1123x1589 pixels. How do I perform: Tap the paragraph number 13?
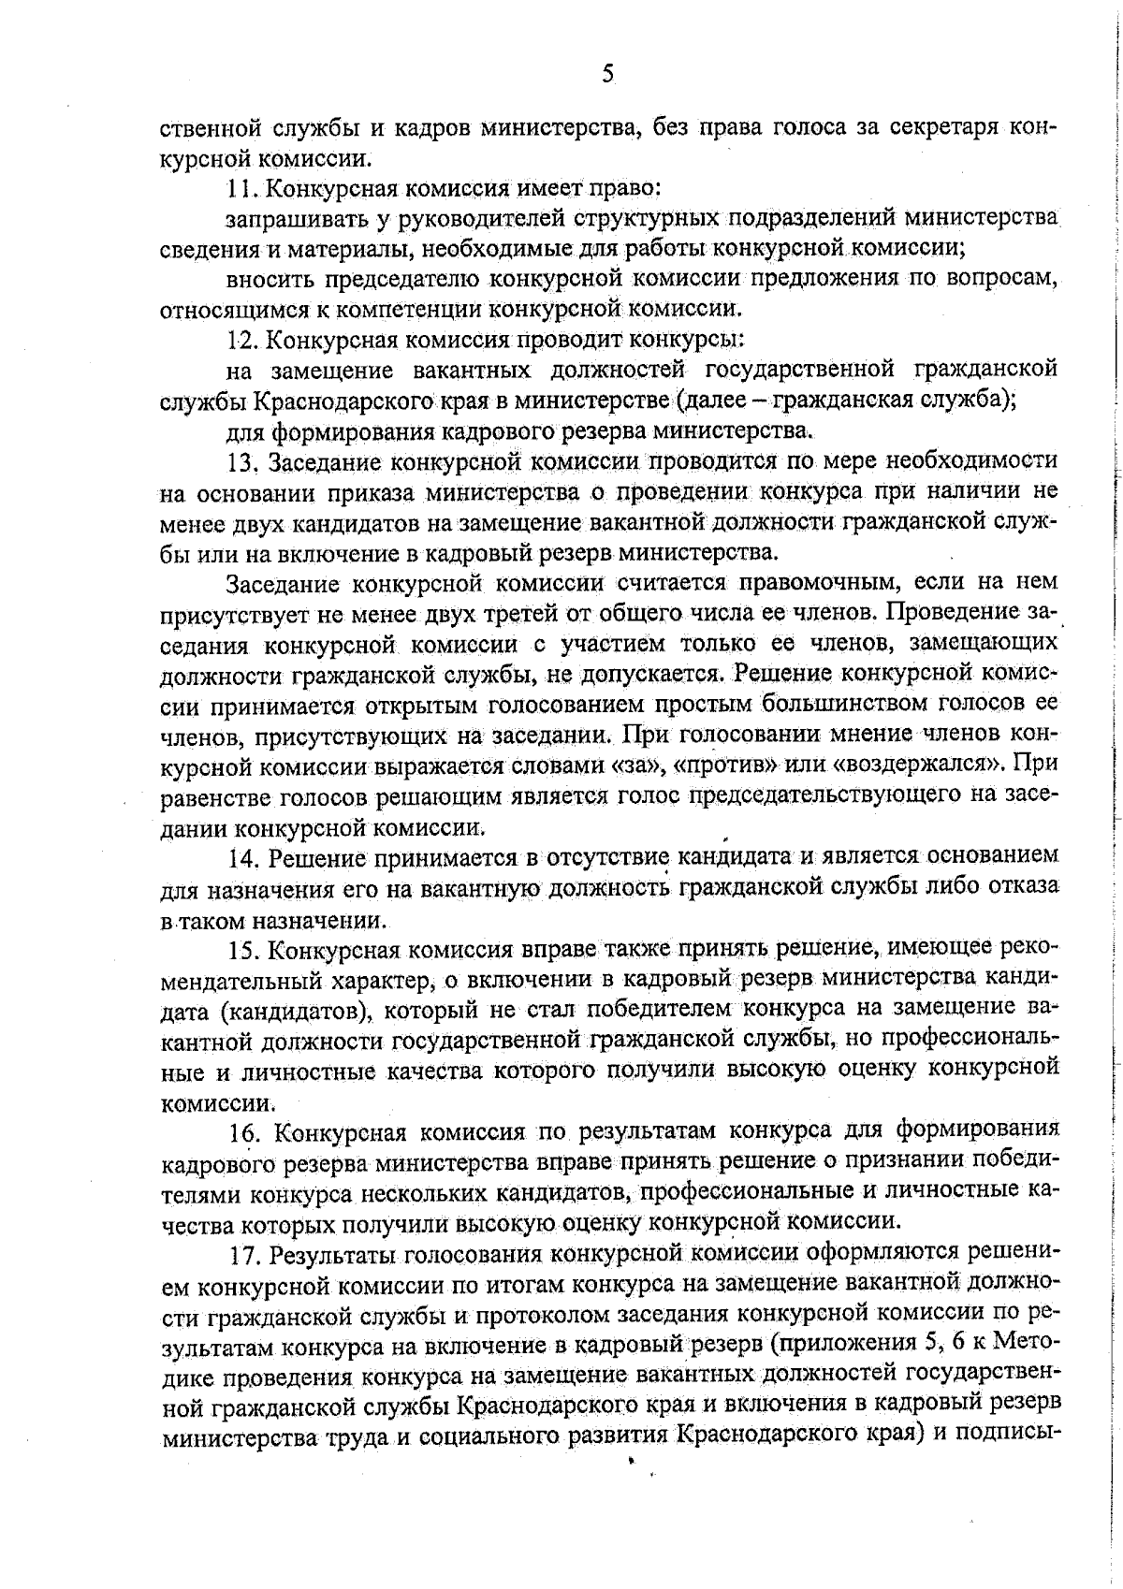pyautogui.click(x=242, y=461)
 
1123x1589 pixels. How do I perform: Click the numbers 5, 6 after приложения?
pyautogui.click(x=936, y=1345)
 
